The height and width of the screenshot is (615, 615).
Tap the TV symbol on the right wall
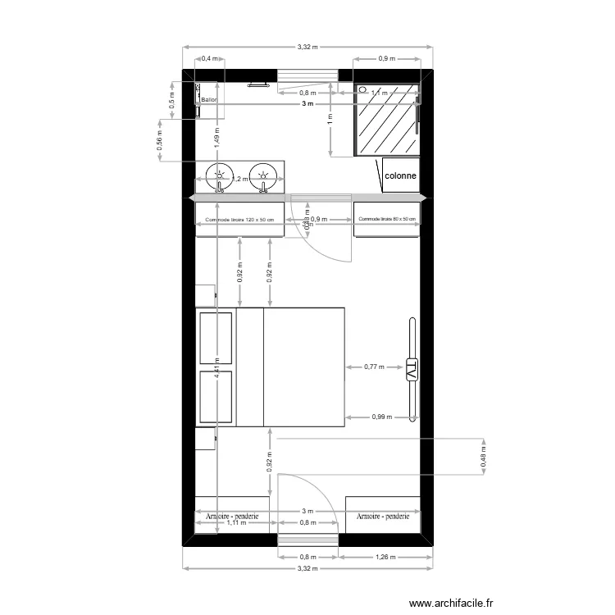[x=412, y=370]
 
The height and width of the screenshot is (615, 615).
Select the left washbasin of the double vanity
[x=220, y=175]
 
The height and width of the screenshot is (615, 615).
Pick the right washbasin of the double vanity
[x=263, y=175]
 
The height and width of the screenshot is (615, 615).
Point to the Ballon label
[x=210, y=100]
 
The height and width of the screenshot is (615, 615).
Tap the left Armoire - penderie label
[x=233, y=516]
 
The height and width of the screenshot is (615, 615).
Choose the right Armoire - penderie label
[x=383, y=516]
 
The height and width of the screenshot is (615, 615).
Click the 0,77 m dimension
[x=374, y=368]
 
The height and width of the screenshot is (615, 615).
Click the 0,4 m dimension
[x=210, y=58]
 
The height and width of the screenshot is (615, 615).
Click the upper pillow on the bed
[x=216, y=338]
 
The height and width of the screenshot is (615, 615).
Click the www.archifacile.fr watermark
[x=452, y=603]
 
